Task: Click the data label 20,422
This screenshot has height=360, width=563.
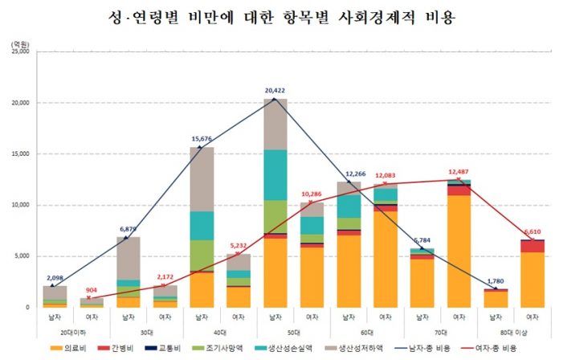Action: (275, 91)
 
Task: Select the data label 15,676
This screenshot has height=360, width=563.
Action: (201, 139)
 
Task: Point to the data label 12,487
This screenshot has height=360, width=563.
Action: (459, 171)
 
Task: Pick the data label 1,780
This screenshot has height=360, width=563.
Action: (496, 280)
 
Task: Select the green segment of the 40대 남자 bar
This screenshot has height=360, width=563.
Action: (201, 255)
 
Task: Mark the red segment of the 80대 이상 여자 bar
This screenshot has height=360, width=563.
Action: (533, 247)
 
